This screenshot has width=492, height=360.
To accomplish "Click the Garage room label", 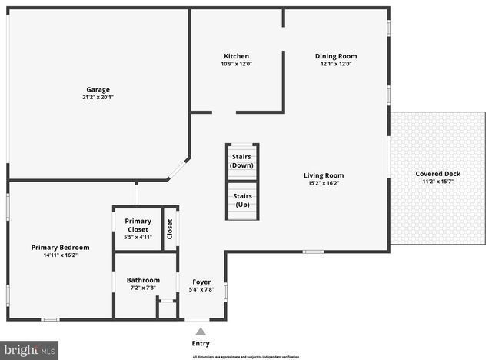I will coord(97,89).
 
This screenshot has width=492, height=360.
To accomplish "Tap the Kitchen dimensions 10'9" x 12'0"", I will coord(236,64).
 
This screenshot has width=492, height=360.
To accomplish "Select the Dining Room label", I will coord(336,56).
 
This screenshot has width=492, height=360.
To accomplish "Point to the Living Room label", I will coord(323,175).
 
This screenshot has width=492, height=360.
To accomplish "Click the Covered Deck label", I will coord(438,174).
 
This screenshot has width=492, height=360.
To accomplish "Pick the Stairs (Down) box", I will coord(242,161).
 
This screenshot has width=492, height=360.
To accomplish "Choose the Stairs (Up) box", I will coord(242,200).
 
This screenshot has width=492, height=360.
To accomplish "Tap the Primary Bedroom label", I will coord(60,247).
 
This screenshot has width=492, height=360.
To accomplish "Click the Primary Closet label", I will coord(138,225).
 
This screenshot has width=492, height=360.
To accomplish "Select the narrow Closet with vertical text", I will coord(170,229).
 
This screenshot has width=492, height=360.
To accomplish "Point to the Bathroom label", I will coord(143,280).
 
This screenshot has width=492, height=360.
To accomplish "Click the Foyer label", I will coord(201,282).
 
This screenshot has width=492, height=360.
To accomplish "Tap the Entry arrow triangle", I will coord(201,332).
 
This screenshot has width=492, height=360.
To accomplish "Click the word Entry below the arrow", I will coord(201,344).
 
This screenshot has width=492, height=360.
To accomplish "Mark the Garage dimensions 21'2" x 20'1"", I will coord(97,98).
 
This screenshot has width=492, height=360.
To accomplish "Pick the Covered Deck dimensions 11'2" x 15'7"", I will coord(438,182).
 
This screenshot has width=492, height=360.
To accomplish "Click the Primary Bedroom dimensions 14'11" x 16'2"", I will coord(60,255).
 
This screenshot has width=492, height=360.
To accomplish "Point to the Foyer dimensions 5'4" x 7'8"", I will coord(201,290).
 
